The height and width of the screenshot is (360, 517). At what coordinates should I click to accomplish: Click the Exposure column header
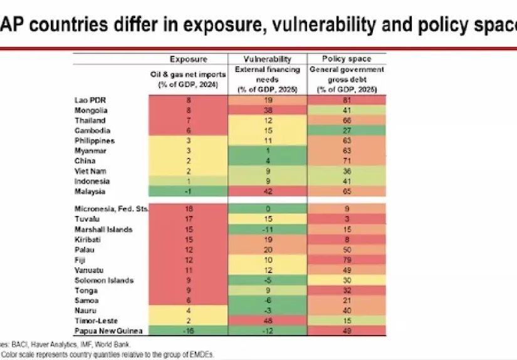(x=187, y=59)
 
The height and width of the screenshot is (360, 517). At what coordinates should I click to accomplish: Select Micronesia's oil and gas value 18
(x=187, y=209)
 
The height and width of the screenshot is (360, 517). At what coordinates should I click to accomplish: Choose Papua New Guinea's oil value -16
(x=187, y=331)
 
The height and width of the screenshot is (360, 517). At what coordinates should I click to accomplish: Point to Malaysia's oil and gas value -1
(x=187, y=191)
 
